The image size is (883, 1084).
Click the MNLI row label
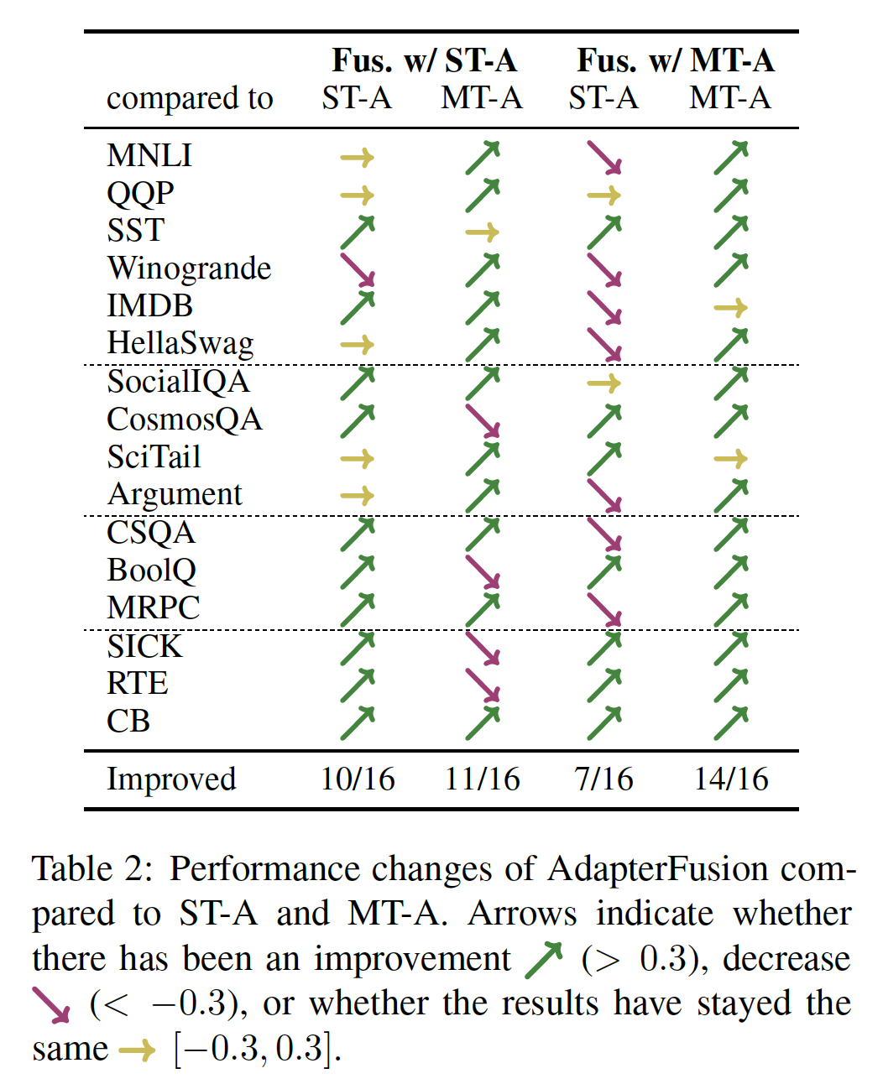pos(149,155)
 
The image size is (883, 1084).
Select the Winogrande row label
pos(189,268)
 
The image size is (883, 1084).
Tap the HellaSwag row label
pos(180,343)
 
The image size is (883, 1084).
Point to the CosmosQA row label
pos(185,419)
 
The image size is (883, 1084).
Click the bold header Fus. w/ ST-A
pos(424,60)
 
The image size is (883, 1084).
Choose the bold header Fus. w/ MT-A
pos(675,60)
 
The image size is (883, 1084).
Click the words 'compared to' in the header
pos(190,99)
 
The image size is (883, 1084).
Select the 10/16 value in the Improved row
pos(358,779)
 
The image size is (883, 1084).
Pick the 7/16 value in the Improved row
pos(603,779)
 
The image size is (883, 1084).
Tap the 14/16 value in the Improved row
pos(730,779)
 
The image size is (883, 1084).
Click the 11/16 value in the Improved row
pos(482,779)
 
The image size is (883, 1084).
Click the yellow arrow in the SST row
pos(482,232)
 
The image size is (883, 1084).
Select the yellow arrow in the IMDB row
pos(730,308)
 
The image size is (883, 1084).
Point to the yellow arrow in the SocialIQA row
pos(603,383)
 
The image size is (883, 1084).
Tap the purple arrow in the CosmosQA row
pos(483,420)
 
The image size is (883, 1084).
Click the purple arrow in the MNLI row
pos(604,157)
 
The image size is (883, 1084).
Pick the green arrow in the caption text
pos(543,960)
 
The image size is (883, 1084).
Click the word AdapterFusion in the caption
pos(658,869)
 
